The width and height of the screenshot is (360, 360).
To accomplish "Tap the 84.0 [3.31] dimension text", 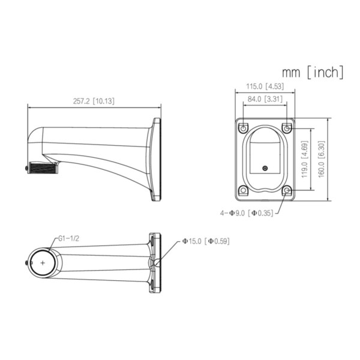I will (265, 99).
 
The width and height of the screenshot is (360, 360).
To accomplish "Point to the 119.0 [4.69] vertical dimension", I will (305, 160).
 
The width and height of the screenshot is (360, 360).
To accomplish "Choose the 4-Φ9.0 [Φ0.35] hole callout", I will (247, 212).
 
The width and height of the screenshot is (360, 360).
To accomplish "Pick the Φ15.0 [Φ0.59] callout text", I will (205, 241).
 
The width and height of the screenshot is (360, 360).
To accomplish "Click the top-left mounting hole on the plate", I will (243, 128).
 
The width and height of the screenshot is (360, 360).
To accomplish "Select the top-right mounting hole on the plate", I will (287, 128).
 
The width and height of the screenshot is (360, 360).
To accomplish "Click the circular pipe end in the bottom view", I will (43, 263).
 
